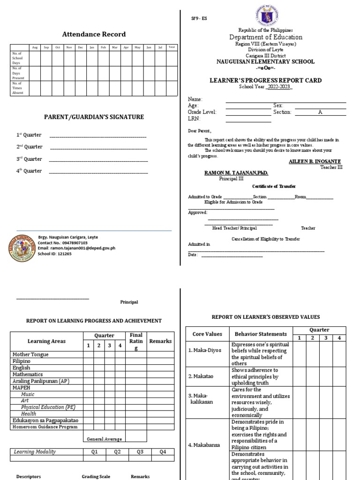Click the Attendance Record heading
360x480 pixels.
click(x=94, y=34)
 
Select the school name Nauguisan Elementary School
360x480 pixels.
click(x=265, y=62)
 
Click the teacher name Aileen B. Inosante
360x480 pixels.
click(x=315, y=161)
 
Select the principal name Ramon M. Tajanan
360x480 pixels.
click(x=236, y=173)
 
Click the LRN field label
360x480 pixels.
click(x=194, y=119)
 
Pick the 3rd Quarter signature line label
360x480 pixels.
click(x=29, y=159)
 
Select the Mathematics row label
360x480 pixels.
click(x=28, y=375)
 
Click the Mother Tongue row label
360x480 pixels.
click(x=30, y=355)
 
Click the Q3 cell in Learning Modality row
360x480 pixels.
click(x=140, y=452)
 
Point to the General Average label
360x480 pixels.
click(x=104, y=439)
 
